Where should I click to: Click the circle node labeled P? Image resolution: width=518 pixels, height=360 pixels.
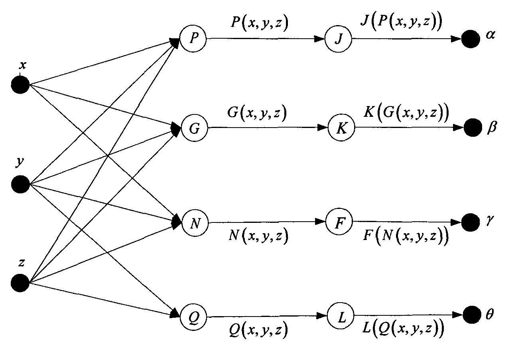(193, 38)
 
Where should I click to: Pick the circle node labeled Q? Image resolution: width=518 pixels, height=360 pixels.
(194, 317)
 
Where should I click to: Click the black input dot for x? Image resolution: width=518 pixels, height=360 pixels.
(20, 85)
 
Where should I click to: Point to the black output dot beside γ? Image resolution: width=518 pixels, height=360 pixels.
(471, 222)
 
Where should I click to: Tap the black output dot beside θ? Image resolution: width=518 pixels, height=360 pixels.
(473, 315)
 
